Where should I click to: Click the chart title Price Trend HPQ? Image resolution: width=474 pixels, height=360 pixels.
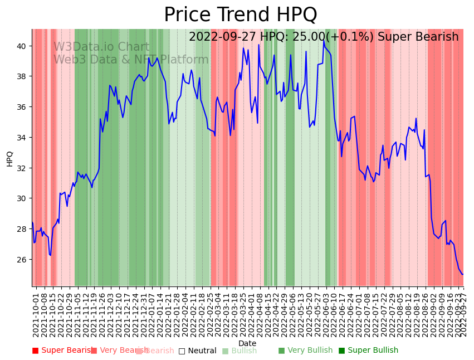[240, 15]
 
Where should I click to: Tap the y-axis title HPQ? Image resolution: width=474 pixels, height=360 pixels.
[10, 158]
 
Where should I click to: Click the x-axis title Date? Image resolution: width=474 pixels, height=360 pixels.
[247, 343]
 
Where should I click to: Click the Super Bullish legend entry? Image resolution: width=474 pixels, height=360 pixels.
[369, 351]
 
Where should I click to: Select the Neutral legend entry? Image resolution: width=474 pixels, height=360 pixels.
[198, 351]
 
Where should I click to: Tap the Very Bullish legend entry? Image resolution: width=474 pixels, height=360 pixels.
[306, 351]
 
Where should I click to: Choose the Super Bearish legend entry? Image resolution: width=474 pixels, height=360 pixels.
[62, 351]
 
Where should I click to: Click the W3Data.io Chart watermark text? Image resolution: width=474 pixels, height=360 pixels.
[101, 47]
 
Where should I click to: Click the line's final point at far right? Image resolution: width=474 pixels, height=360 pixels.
[462, 274]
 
